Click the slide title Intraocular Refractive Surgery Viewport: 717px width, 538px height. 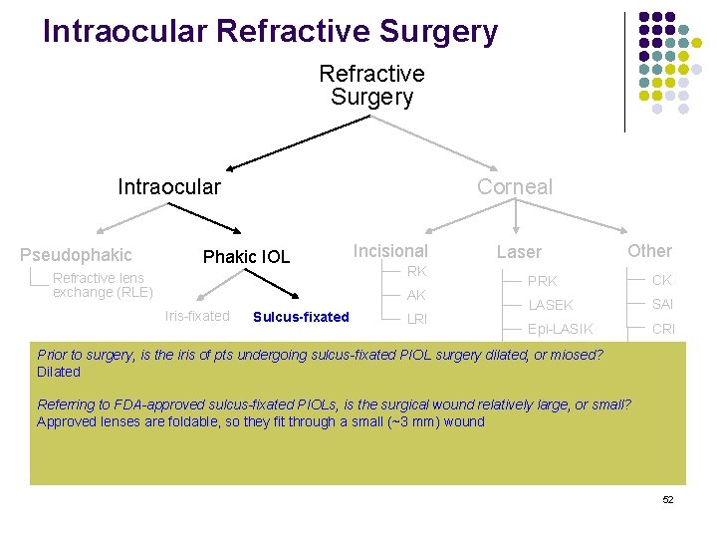[270, 32]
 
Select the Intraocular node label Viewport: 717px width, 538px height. [169, 186]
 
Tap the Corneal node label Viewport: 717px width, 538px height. [514, 186]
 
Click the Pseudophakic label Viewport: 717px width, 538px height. [76, 255]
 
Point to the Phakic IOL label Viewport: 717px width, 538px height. [246, 257]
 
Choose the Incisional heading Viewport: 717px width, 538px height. [390, 251]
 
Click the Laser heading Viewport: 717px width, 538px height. [519, 253]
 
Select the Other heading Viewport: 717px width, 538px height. [649, 251]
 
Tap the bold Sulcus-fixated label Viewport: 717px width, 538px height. [301, 317]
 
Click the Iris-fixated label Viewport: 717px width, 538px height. [197, 316]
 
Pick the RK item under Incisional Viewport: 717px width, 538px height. [416, 272]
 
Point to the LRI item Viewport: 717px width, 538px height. [416, 319]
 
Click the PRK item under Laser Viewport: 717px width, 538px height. [543, 281]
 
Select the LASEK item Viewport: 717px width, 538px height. [551, 305]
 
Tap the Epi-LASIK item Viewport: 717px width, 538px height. [561, 329]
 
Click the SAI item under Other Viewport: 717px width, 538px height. [663, 304]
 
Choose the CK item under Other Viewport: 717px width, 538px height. [662, 280]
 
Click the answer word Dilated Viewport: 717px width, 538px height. [59, 372]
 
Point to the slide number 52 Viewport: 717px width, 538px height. [668, 499]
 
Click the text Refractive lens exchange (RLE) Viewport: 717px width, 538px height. [103, 285]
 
